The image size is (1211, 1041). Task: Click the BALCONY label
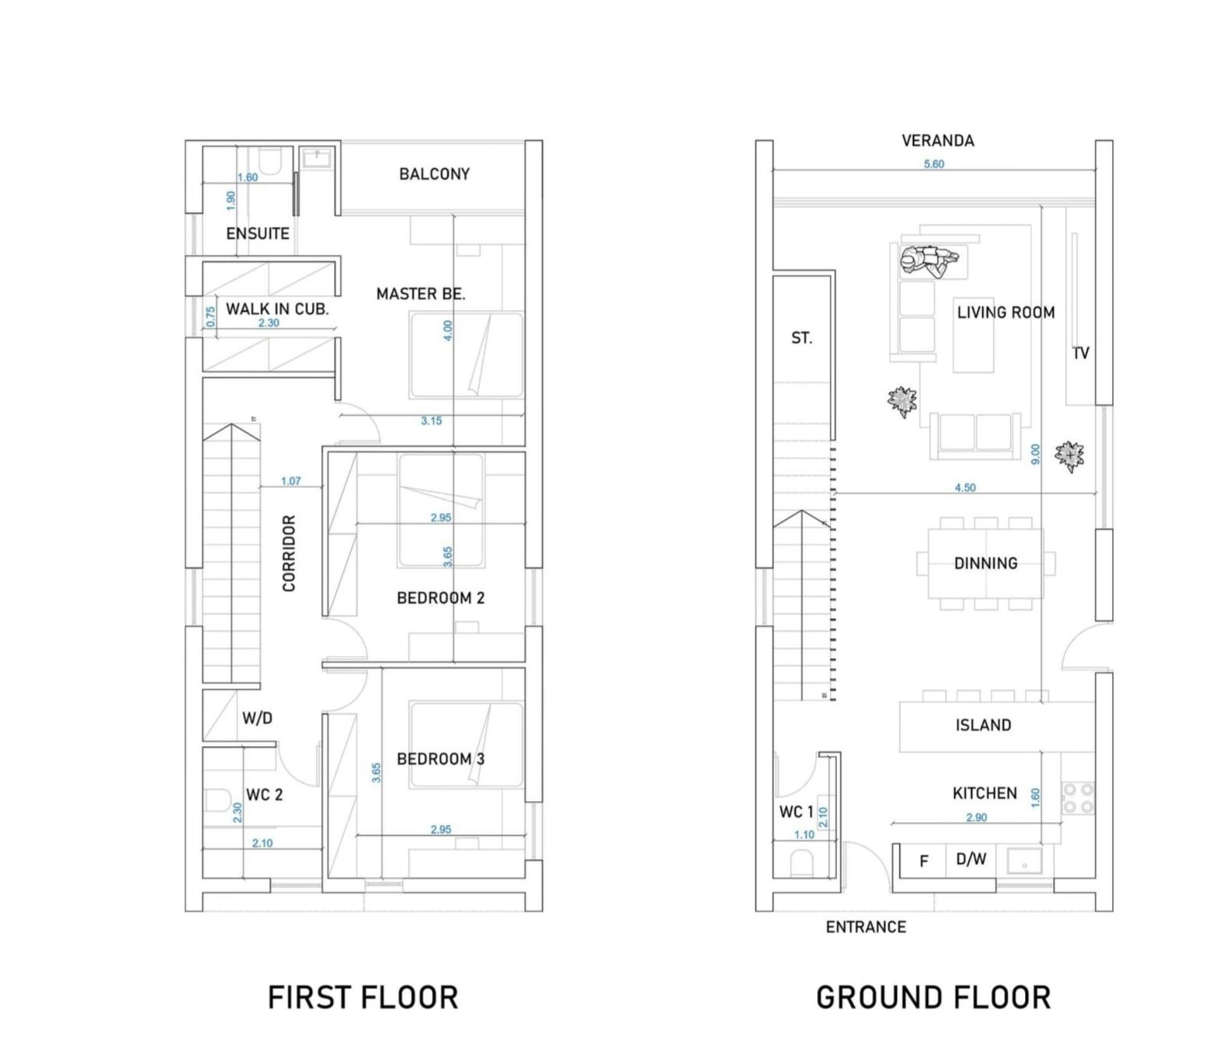tap(434, 174)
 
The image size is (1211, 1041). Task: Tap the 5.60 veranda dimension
tap(934, 164)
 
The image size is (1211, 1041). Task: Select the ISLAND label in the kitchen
tap(983, 725)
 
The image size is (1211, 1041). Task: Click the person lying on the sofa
tap(928, 260)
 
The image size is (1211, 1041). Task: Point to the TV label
tap(1080, 353)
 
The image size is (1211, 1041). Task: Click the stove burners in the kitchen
tap(1078, 798)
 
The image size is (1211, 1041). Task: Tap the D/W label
tap(971, 859)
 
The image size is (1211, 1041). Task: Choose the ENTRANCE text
tap(866, 927)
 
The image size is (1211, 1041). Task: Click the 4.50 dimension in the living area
tap(965, 488)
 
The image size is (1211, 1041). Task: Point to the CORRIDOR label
tap(289, 554)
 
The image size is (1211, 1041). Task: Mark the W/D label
tap(257, 718)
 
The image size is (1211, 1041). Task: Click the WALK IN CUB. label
tap(277, 309)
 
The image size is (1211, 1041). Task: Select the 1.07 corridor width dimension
tap(291, 481)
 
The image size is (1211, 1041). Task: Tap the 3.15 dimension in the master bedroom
tap(431, 421)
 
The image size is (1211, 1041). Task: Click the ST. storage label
tap(802, 338)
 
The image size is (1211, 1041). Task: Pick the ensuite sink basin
tap(317, 158)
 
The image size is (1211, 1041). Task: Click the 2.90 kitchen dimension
tap(976, 818)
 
